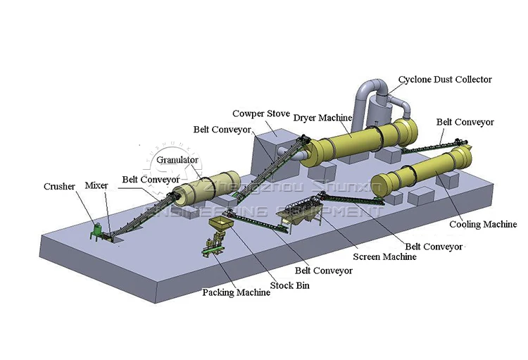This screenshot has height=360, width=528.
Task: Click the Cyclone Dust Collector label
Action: pos(445,80)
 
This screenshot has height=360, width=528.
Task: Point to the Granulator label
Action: pos(177,160)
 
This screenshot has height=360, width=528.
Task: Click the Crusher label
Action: pos(59,187)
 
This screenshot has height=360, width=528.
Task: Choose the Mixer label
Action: pos(96,185)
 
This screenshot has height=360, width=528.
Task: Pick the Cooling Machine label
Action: pos(483,224)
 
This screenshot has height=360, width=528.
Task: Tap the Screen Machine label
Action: pos(384,256)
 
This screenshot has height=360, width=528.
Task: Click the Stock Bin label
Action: pos(292,285)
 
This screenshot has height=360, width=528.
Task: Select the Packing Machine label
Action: pos(236,292)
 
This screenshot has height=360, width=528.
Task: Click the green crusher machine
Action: pos(96,231)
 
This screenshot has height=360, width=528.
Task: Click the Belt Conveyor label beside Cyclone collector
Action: pos(465,122)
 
